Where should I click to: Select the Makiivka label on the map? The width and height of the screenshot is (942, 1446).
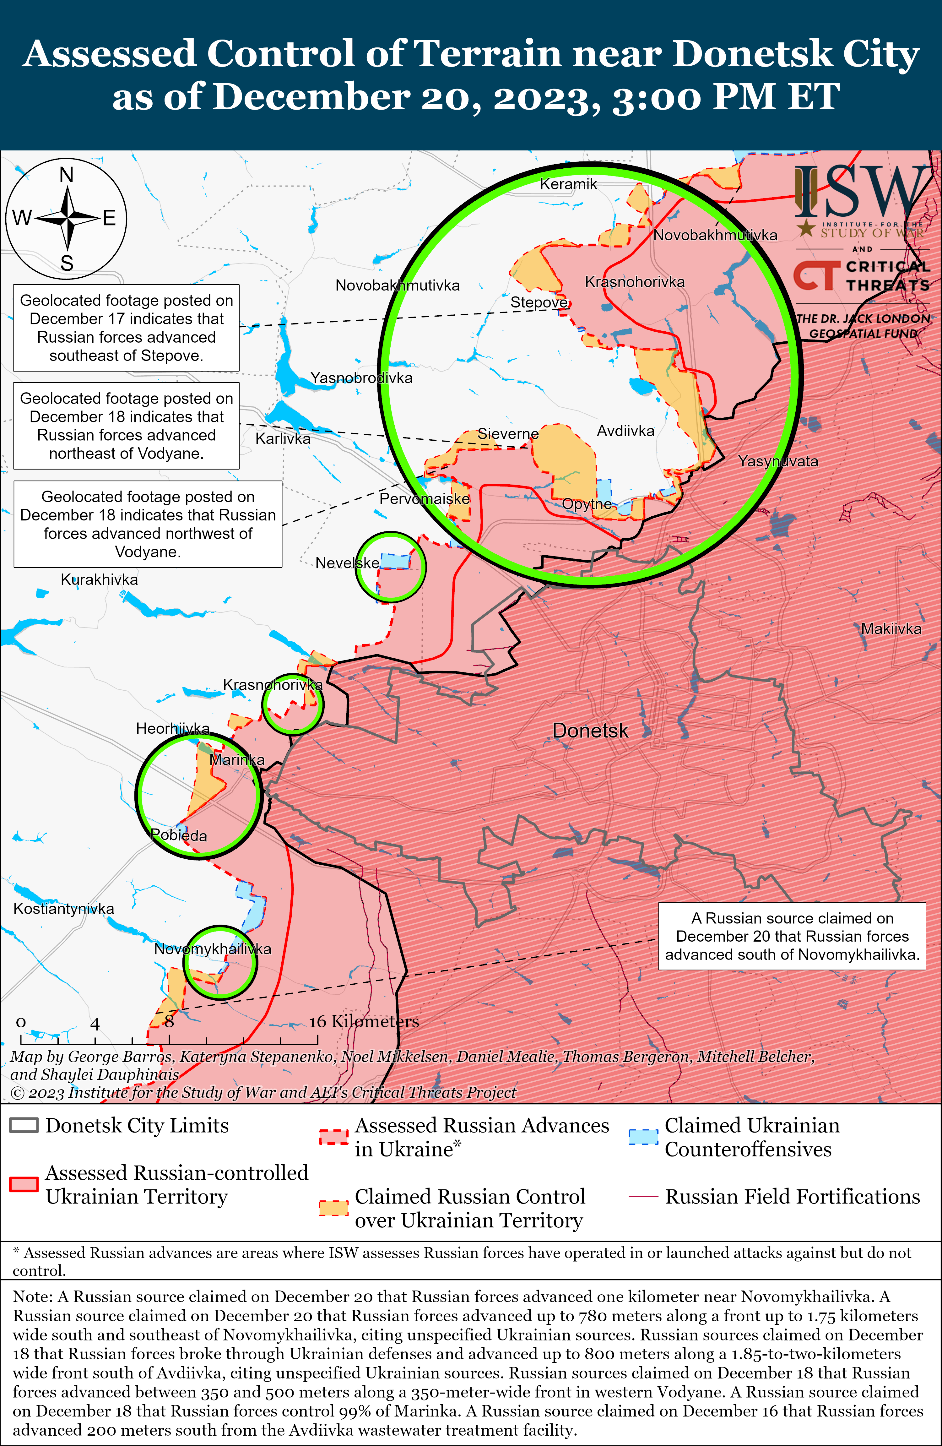tap(891, 629)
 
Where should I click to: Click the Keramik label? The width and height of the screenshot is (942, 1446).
tap(568, 184)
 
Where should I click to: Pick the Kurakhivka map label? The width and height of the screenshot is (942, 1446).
tap(99, 579)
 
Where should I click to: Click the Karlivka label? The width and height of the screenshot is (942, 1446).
tap(282, 439)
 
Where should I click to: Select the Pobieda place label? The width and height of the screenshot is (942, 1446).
tap(179, 835)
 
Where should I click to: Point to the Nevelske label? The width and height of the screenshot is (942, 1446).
tap(347, 563)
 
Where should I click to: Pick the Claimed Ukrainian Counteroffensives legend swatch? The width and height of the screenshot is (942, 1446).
tap(642, 1137)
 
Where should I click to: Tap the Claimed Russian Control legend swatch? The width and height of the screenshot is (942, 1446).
tap(333, 1208)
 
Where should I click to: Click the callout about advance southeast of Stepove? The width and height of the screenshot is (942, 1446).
tap(126, 328)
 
